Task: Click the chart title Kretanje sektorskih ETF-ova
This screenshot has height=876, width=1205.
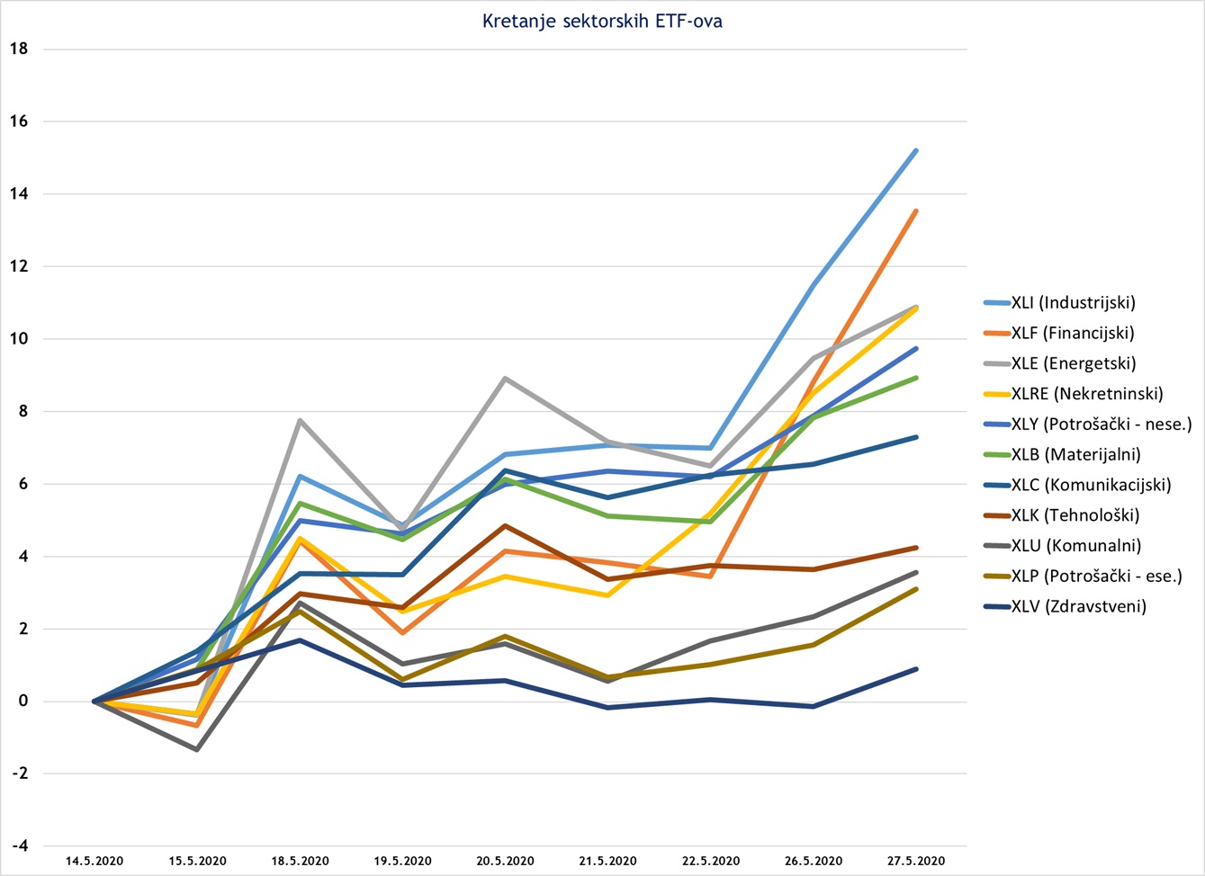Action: (x=602, y=22)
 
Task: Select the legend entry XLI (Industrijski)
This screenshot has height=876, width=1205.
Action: (x=1073, y=302)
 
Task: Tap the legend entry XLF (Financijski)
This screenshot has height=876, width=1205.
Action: (x=1072, y=333)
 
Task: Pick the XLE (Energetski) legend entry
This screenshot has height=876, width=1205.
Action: (x=1073, y=363)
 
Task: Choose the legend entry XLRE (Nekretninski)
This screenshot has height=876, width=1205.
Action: (x=1087, y=393)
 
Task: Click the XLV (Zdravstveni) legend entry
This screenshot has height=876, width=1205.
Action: (x=1078, y=606)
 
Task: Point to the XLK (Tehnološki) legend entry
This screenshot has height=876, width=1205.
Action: (x=1075, y=515)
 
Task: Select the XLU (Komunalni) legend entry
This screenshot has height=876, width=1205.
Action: (x=1075, y=546)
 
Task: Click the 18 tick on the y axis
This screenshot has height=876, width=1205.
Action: (x=19, y=49)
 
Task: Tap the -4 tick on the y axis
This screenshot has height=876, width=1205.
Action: (x=19, y=846)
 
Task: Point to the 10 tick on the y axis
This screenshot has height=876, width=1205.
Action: (x=19, y=339)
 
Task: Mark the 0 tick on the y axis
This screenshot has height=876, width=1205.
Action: (x=23, y=702)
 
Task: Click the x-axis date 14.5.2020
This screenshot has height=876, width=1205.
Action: (x=94, y=862)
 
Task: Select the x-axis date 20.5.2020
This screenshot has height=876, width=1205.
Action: (x=505, y=862)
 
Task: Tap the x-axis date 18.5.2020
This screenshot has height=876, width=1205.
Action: (x=300, y=862)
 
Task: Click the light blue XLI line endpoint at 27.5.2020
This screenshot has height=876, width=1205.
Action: (x=916, y=150)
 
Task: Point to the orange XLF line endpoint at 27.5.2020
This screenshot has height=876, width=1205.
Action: (x=916, y=210)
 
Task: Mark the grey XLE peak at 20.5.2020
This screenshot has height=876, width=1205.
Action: (x=505, y=378)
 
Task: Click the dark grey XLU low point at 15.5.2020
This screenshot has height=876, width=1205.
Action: (x=197, y=749)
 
